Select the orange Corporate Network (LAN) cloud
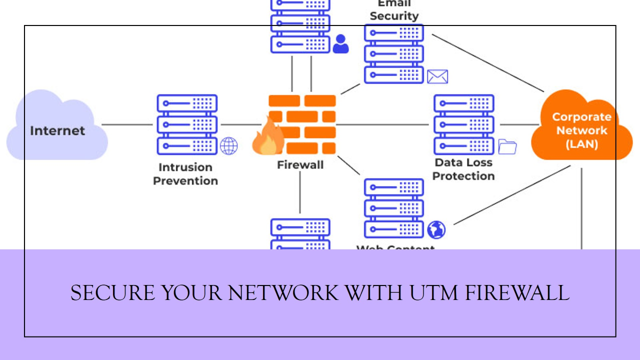point(581,127)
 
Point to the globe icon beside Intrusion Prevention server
point(229,146)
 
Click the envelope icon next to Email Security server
point(437,76)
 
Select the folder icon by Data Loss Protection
point(507,147)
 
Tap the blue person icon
point(340,44)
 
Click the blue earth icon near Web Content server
point(436,229)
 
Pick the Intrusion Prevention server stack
point(187,124)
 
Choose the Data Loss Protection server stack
point(464,124)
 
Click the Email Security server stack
point(394,53)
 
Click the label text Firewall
point(300,164)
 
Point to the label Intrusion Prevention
point(185,174)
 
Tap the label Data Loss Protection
point(463,169)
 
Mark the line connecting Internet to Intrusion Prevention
point(127,124)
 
